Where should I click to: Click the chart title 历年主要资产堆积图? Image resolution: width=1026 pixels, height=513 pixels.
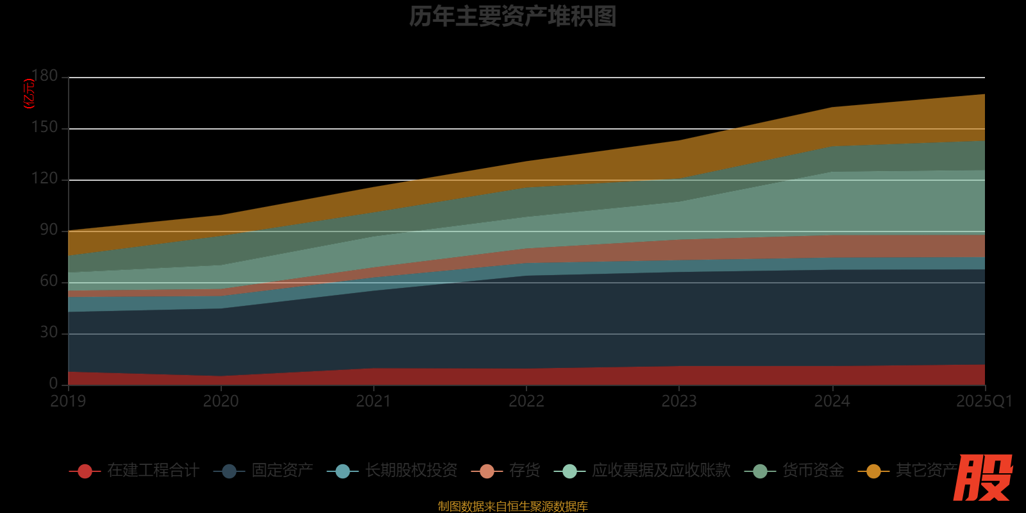[512, 17]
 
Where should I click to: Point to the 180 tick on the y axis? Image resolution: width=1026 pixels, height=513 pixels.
[45, 76]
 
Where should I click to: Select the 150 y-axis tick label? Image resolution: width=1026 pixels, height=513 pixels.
[45, 128]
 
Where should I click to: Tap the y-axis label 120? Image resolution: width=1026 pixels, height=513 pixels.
[45, 179]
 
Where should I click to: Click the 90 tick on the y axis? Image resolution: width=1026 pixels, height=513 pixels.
[49, 230]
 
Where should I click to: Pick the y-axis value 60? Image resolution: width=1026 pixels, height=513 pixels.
[49, 282]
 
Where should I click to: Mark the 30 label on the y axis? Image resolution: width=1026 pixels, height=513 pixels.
[49, 333]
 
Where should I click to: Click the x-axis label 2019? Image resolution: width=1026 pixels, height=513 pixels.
[68, 401]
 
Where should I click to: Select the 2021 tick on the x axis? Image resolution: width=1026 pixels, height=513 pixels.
[373, 401]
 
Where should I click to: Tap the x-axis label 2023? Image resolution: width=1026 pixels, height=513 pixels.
[679, 401]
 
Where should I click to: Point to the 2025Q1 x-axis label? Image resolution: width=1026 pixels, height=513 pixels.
[984, 401]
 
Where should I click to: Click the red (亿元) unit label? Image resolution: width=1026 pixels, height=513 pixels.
[28, 94]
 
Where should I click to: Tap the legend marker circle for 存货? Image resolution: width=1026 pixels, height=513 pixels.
[487, 471]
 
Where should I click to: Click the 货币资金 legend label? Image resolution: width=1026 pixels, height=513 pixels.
[812, 471]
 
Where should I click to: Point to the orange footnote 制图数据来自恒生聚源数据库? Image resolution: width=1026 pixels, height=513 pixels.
[512, 507]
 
